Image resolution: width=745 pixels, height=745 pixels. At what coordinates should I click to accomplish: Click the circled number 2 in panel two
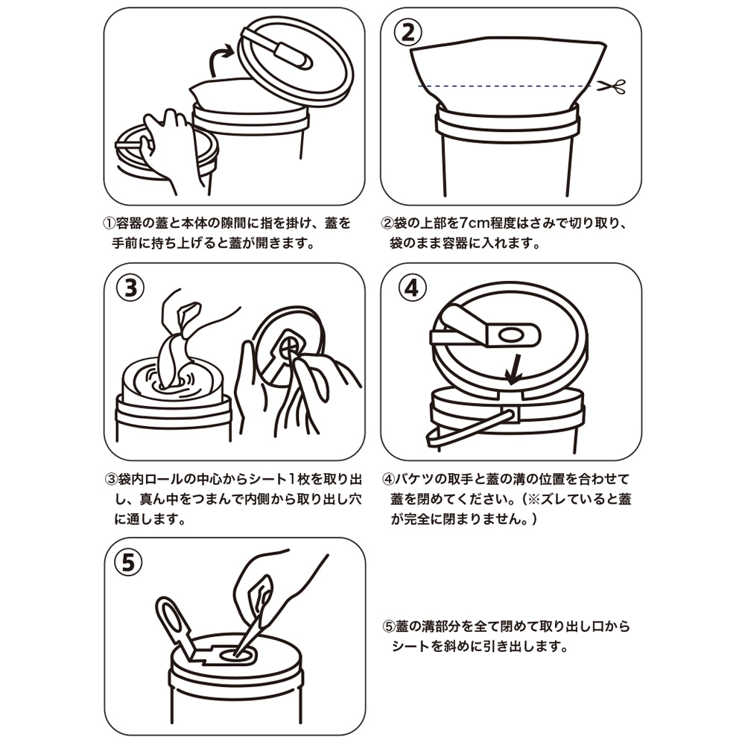coord(408,31)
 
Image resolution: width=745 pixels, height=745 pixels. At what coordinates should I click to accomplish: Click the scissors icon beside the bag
coord(612,86)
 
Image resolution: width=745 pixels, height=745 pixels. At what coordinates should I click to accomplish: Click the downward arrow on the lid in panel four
coord(510,369)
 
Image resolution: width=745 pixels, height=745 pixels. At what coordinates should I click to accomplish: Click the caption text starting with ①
coord(226,232)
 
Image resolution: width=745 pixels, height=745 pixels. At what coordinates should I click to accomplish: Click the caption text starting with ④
coord(507,498)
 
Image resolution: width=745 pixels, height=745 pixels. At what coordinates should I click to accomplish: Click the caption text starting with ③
coord(226,498)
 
